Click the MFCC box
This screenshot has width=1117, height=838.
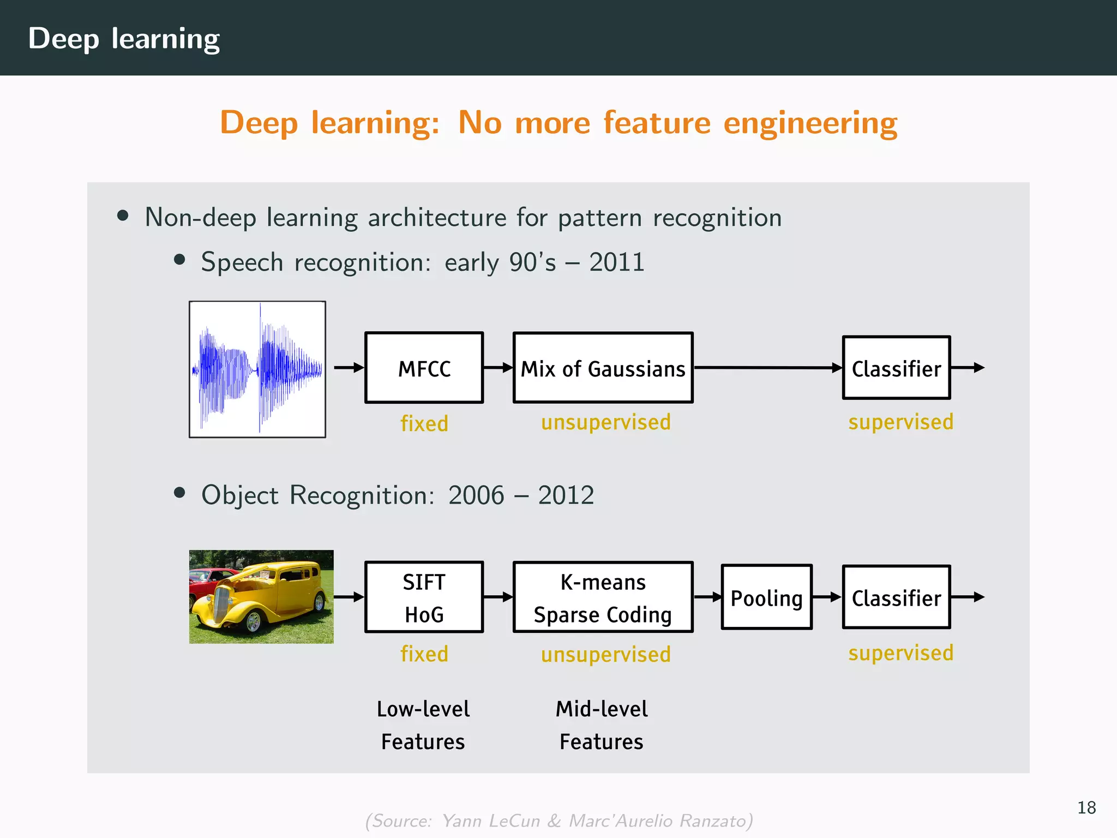point(424,368)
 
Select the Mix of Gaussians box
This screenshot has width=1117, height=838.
point(603,368)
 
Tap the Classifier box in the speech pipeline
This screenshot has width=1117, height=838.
point(896,368)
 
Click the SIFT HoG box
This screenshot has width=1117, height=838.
point(424,597)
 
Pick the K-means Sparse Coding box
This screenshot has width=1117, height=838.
point(603,597)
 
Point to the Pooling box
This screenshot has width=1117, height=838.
point(766,597)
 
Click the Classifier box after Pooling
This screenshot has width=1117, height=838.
point(896,597)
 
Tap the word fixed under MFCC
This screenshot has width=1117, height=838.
point(424,423)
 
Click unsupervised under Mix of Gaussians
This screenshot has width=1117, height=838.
point(605,422)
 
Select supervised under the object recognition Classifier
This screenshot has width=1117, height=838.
point(900,653)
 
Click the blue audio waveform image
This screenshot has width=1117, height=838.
point(257,369)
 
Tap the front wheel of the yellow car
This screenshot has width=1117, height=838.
point(253,621)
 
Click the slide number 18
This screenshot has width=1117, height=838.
point(1086,807)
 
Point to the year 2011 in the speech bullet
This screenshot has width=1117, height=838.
point(617,262)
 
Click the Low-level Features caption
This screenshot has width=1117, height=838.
point(423,725)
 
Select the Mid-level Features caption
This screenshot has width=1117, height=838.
point(601,725)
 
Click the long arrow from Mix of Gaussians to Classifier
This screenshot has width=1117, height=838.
point(766,368)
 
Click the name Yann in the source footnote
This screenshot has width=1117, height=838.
point(461,821)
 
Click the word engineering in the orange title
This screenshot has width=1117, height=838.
point(810,123)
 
